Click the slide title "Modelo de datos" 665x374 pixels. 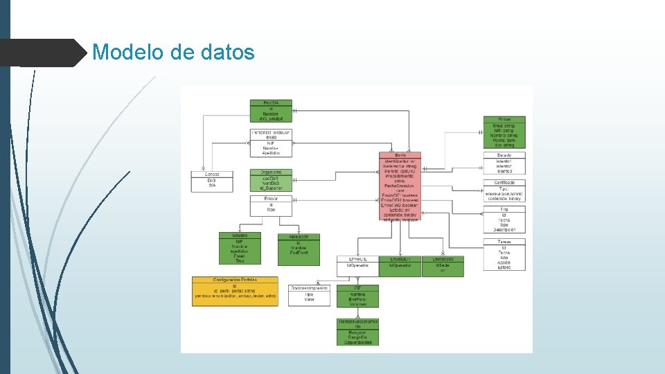point(173,52)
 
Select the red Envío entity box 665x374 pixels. point(400,188)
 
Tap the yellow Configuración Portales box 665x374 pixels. point(235,291)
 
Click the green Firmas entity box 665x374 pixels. point(504,132)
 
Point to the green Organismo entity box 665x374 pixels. point(271,179)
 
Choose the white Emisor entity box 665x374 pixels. point(271,206)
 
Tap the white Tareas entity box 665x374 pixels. point(504,254)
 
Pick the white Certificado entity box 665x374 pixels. point(504,190)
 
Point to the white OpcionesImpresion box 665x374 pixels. point(309,295)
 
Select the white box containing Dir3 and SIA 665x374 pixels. point(211,180)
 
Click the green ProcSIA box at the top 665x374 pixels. point(271,111)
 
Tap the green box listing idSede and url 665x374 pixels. point(443,266)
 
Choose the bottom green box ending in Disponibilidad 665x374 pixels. point(358,332)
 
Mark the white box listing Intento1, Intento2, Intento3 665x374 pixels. point(504,163)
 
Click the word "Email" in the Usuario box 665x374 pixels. point(239,256)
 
